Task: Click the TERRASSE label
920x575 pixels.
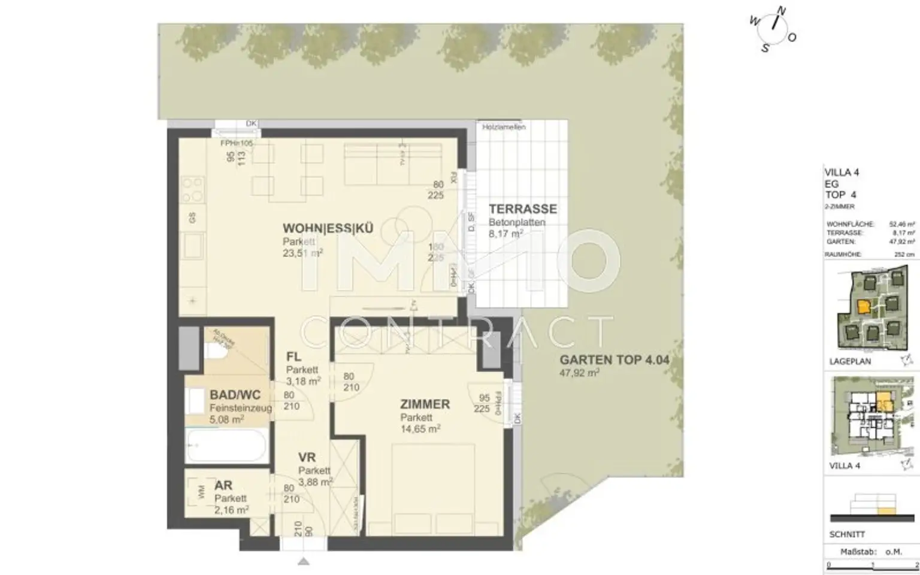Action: click(x=522, y=209)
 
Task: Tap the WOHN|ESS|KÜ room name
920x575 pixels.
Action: click(x=328, y=228)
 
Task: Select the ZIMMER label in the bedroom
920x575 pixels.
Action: click(x=425, y=404)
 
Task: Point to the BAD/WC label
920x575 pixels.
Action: click(x=235, y=395)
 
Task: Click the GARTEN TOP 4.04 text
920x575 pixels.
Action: click(x=614, y=360)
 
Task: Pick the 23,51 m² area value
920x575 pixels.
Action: click(x=302, y=253)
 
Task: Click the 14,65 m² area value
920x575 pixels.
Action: click(x=420, y=429)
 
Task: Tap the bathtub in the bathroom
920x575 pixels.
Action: click(x=226, y=446)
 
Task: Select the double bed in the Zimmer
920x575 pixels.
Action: click(x=433, y=489)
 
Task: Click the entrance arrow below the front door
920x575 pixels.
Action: click(x=304, y=561)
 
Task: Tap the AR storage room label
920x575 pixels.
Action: click(x=223, y=486)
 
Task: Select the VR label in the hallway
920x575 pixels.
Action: click(x=307, y=458)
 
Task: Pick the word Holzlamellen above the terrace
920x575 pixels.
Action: click(x=504, y=128)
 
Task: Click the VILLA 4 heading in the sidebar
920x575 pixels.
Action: click(x=842, y=172)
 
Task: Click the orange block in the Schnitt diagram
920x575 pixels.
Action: click(x=886, y=511)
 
